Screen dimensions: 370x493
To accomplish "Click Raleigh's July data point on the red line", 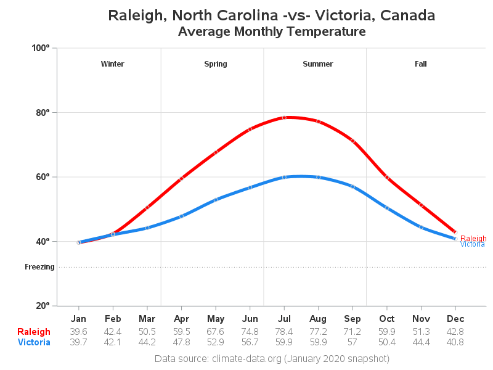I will [284, 117].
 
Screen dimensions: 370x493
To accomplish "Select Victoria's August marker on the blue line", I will [319, 177].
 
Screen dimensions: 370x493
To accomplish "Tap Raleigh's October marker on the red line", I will [387, 177].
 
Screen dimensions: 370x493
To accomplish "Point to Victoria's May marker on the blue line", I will [216, 200].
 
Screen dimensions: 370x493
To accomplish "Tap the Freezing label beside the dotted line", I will [39, 267].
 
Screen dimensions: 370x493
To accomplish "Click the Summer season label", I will [318, 64].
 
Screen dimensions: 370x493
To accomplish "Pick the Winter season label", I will [112, 64].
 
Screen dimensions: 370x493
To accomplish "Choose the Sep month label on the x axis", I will [352, 319].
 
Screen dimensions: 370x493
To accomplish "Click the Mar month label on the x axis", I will [147, 319].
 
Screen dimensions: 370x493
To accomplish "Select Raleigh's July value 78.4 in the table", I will [284, 332].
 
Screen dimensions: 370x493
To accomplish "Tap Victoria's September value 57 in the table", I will [352, 342].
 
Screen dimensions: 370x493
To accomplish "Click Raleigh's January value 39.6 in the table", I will [78, 332].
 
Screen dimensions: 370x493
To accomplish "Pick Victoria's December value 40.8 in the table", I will [455, 342].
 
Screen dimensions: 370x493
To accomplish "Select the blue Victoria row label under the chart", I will [34, 342].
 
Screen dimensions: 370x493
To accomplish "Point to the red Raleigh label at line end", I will [473, 238].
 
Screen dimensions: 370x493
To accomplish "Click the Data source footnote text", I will [272, 358].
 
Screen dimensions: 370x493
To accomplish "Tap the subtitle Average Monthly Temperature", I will [272, 31].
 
